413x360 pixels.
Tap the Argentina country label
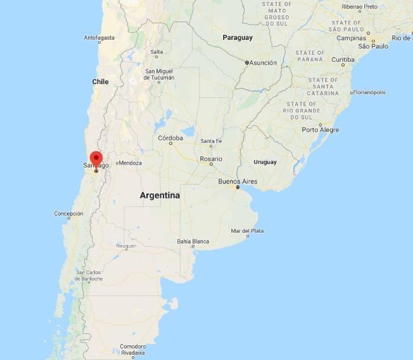click(160, 196)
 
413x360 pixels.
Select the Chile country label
click(100, 82)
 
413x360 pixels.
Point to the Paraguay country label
click(238, 37)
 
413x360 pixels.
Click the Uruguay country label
click(265, 162)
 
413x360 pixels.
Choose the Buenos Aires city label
click(237, 181)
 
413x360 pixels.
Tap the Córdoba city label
click(170, 137)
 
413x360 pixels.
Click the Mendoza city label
click(130, 163)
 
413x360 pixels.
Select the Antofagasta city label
click(100, 38)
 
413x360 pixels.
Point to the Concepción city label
click(68, 214)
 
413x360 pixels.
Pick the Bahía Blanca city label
click(193, 241)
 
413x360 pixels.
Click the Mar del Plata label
click(247, 231)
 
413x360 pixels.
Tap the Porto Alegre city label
click(320, 130)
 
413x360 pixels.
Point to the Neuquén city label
click(126, 245)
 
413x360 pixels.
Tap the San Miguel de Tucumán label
click(160, 75)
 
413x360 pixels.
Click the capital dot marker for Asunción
click(247, 63)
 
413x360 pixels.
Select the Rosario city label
click(211, 158)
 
